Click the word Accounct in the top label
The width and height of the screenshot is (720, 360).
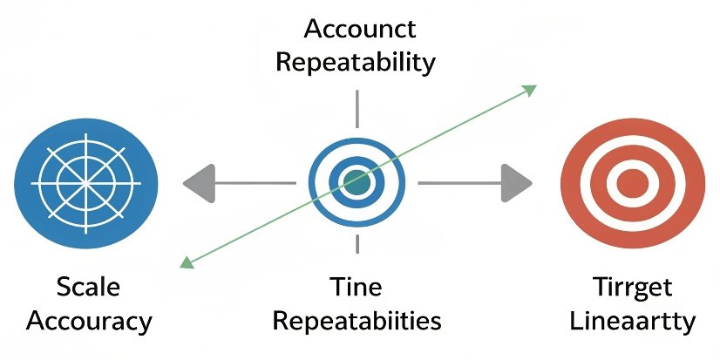point(359,28)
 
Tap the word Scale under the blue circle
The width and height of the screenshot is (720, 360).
point(88,286)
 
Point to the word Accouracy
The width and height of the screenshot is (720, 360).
point(89,320)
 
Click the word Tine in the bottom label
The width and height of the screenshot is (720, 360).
point(357,286)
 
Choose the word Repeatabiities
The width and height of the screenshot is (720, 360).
point(357,320)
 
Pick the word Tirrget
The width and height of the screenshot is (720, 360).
point(633,286)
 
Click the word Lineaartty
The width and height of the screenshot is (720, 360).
point(633,320)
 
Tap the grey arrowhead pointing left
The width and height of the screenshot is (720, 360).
point(197,183)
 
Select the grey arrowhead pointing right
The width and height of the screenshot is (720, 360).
point(518,183)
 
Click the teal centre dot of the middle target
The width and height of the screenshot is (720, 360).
point(357,182)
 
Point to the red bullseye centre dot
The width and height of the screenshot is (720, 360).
point(633,183)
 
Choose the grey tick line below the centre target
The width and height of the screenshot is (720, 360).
point(357,245)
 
